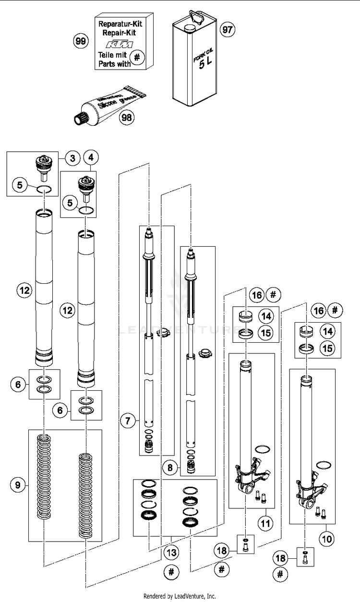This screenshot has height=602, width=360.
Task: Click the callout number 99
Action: pos(81,41)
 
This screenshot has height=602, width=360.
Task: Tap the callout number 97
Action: pos(227,30)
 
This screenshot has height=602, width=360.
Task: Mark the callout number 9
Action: pos(18,485)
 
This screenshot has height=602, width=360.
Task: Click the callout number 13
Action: pos(170,552)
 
